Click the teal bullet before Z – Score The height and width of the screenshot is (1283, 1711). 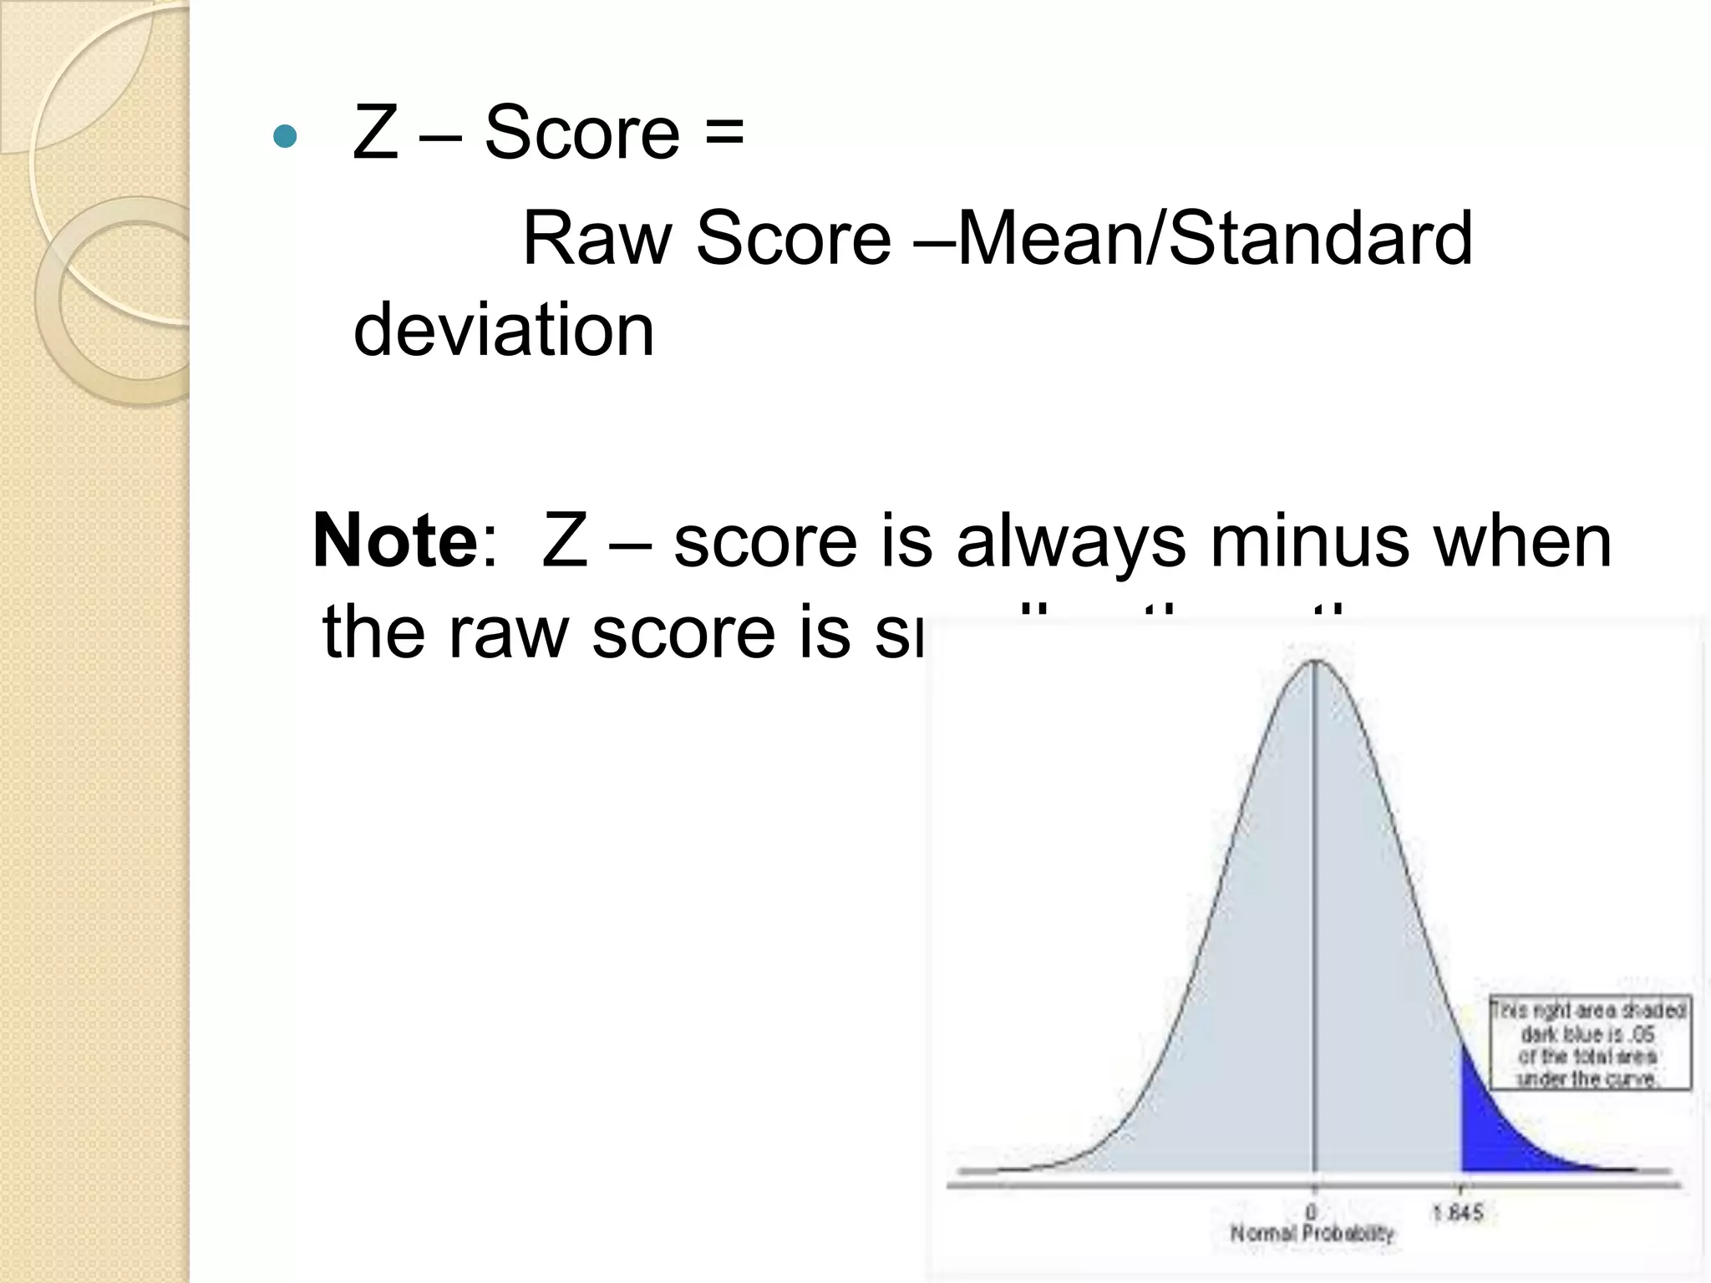pos(285,136)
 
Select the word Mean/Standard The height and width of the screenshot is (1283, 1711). pos(1215,239)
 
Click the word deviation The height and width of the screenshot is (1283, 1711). pos(504,331)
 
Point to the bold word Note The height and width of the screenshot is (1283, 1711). pos(395,541)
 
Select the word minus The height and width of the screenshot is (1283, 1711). pos(1310,541)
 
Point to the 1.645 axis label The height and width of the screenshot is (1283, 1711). pos(1458,1211)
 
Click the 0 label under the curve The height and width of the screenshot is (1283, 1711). pos(1312,1211)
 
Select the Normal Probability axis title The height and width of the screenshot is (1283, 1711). pos(1312,1233)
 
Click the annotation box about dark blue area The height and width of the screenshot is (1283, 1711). pos(1588,1043)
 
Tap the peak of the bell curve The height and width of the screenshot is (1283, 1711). pos(1315,662)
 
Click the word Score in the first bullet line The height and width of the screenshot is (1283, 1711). pos(582,134)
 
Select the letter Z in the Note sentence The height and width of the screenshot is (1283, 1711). pos(564,541)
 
